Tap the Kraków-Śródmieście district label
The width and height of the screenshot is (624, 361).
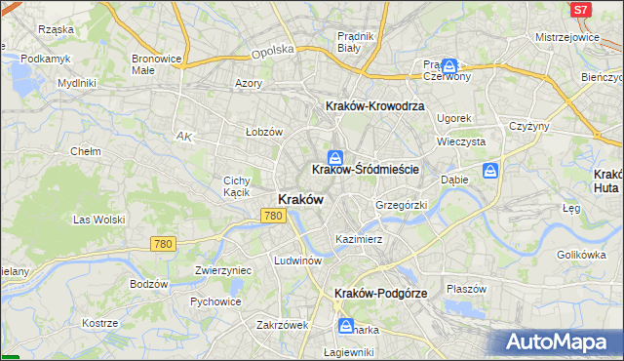point(366,169)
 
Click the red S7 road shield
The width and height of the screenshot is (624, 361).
point(581,9)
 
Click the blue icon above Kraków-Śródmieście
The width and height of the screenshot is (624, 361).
point(335,156)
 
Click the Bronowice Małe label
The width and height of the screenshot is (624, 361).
point(156,64)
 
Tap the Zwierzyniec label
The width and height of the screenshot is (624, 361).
point(223,270)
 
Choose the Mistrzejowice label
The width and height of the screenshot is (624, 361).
point(566,36)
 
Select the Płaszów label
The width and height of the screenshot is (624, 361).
point(466,289)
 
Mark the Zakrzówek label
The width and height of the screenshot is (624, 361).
point(283,325)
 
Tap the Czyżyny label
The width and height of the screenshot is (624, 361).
point(529,126)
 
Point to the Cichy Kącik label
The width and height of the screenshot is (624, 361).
point(239,186)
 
